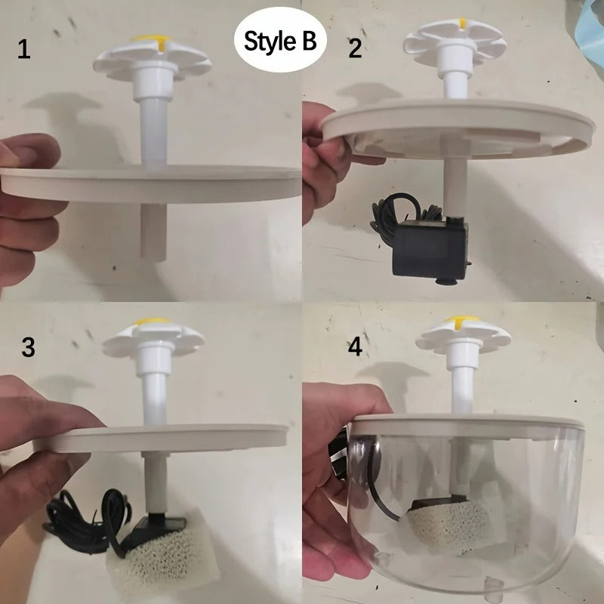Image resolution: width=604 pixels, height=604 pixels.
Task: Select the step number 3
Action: coord(28,347)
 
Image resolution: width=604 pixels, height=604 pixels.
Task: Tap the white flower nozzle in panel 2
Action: coord(456,41)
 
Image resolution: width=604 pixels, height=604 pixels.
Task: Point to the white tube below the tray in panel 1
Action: coord(153,230)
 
